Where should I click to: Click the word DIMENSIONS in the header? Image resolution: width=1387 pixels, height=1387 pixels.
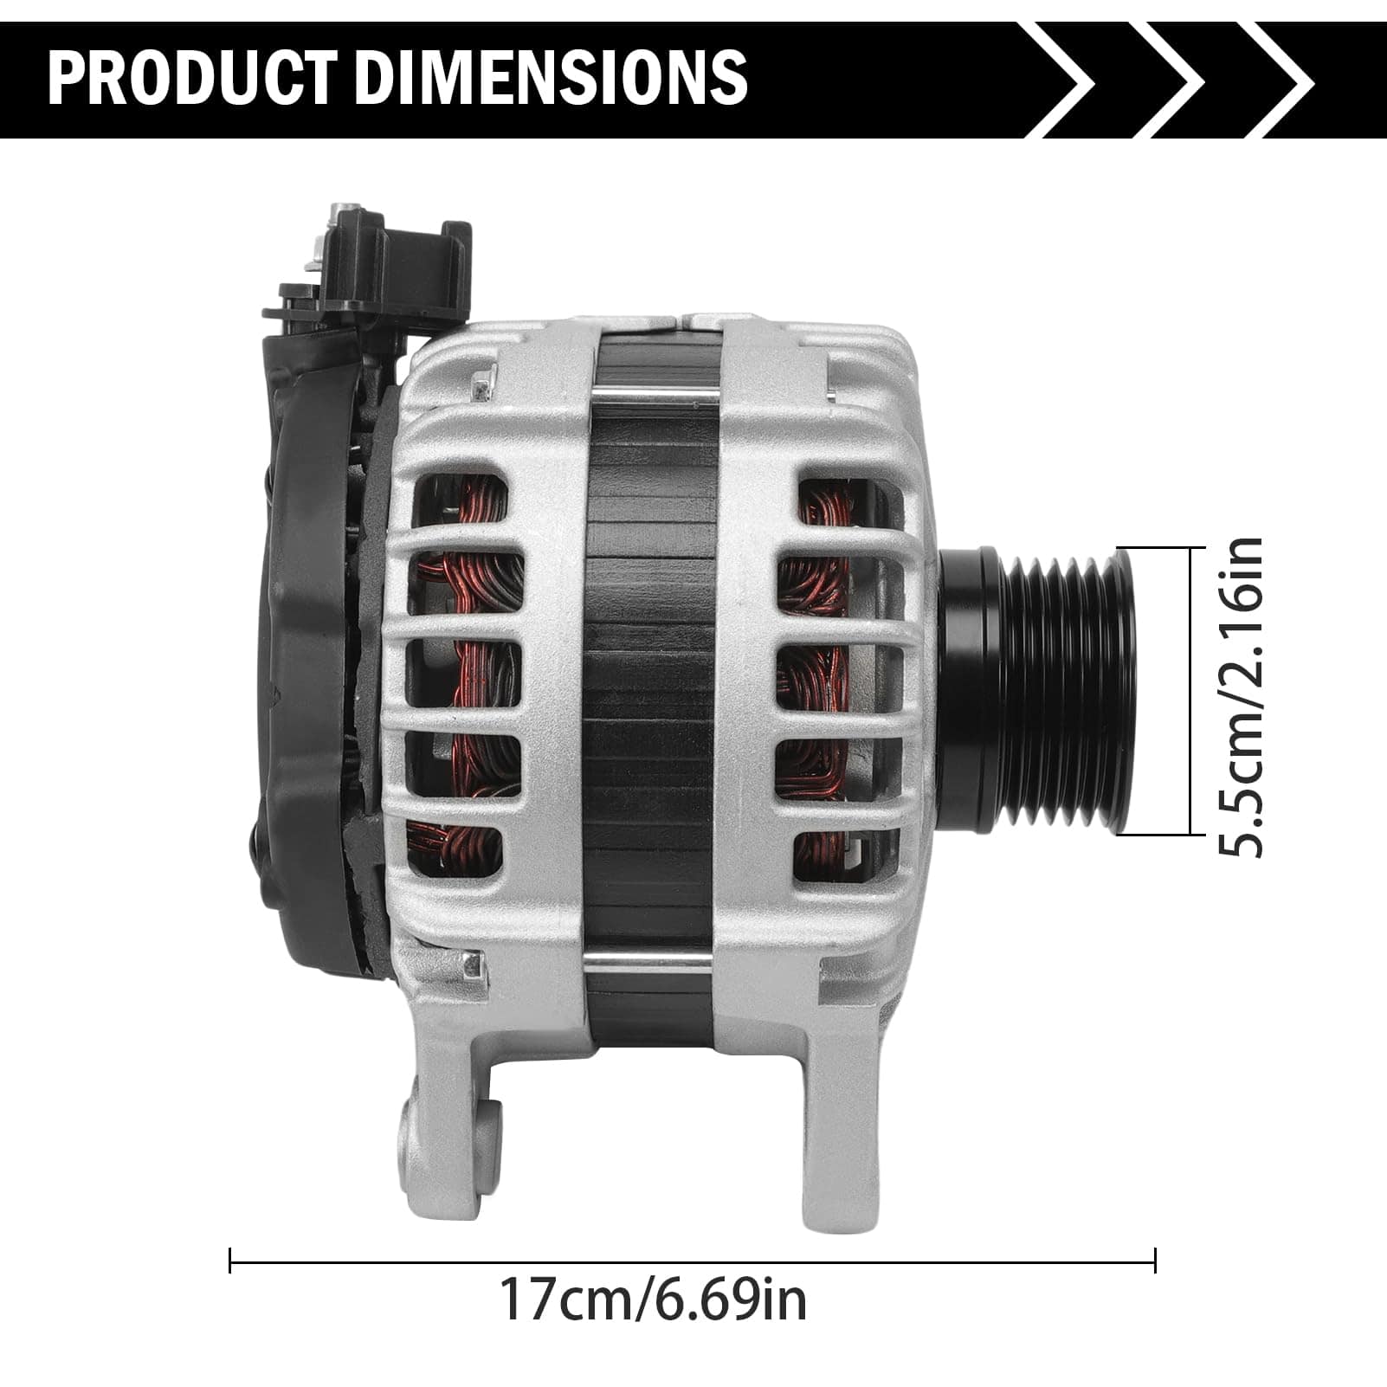tap(551, 78)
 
